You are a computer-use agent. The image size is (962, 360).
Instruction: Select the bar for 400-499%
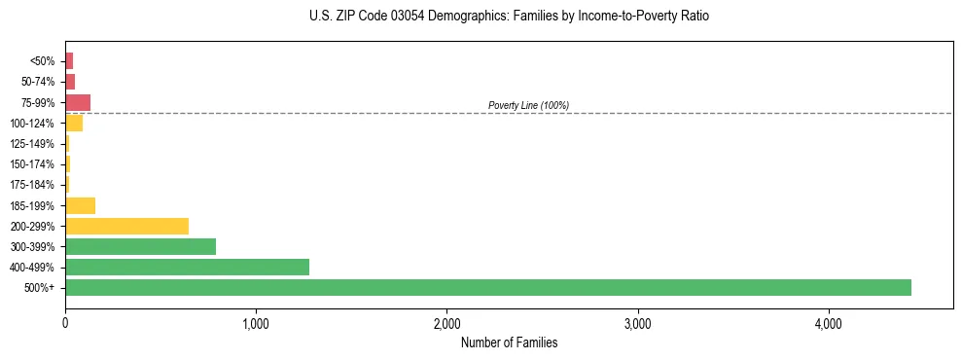pos(187,267)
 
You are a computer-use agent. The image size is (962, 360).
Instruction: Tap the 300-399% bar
pos(140,246)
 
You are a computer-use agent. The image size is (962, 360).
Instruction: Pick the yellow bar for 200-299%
pos(126,226)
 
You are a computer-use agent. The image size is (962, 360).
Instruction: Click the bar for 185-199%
pos(80,205)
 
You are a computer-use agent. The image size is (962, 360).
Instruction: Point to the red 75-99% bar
pos(78,102)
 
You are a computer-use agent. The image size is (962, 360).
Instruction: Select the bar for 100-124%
pos(74,123)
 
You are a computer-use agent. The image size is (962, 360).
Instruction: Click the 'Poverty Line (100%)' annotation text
pos(528,105)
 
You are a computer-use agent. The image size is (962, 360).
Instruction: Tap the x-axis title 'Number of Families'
pos(509,342)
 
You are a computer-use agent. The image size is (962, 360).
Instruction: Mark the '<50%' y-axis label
pos(42,61)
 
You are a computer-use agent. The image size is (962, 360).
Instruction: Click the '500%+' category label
pos(40,288)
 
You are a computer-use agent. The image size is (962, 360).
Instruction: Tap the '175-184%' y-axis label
pos(32,185)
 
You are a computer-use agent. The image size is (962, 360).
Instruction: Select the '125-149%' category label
pos(32,144)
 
